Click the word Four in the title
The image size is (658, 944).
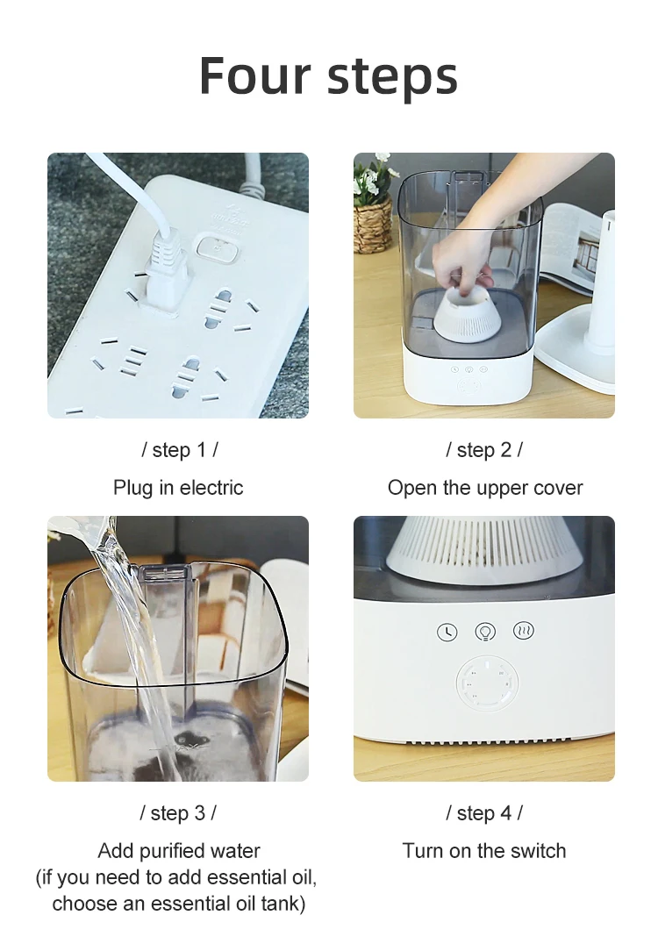click(x=255, y=75)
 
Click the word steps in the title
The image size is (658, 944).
click(x=392, y=78)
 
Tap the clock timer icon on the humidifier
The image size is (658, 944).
click(x=447, y=632)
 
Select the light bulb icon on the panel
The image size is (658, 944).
click(x=485, y=632)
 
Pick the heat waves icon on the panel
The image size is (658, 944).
click(x=523, y=630)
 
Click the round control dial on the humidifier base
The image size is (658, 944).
click(x=487, y=684)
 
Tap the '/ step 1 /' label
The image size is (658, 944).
click(x=179, y=450)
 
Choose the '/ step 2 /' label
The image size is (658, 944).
click(x=484, y=450)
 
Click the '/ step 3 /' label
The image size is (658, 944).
click(x=178, y=812)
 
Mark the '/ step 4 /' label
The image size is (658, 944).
click(x=484, y=812)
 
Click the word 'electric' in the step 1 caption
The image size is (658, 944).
click(x=211, y=487)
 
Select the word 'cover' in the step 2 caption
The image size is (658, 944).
click(x=557, y=488)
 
